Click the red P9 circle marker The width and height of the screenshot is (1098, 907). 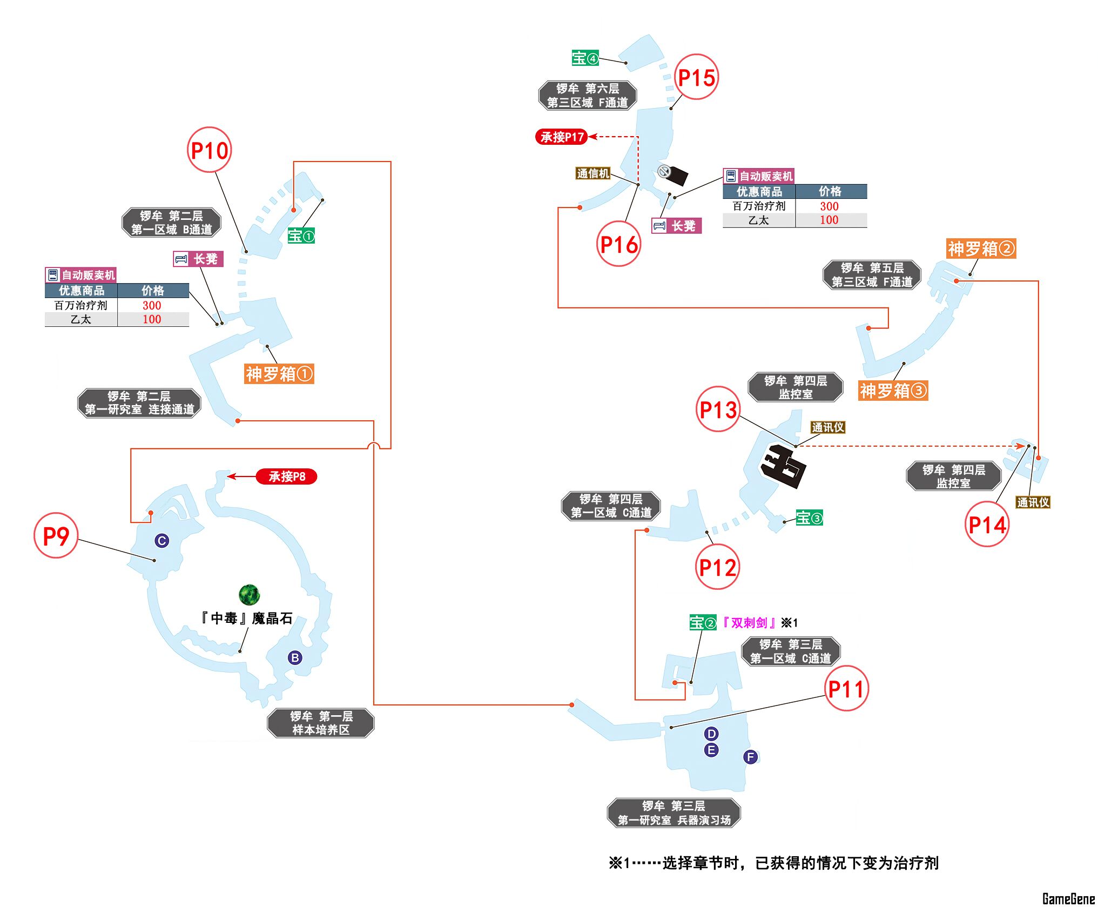(56, 535)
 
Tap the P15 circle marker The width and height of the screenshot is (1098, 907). (696, 77)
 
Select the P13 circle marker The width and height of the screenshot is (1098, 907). (718, 409)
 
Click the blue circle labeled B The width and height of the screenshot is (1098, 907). (295, 657)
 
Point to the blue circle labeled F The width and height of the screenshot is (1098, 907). (750, 757)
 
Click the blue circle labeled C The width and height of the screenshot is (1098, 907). (161, 540)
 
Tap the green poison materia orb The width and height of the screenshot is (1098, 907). (249, 595)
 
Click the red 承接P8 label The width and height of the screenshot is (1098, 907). (286, 476)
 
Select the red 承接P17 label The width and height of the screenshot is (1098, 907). (562, 137)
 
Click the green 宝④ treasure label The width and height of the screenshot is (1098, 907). (585, 58)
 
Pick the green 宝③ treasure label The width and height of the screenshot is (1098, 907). (809, 518)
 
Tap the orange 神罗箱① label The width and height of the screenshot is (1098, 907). (279, 374)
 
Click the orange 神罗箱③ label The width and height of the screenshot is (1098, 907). (893, 391)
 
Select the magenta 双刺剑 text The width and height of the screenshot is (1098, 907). (749, 623)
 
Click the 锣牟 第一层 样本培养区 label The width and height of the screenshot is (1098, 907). (321, 723)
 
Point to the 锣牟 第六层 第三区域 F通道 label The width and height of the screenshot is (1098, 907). (588, 96)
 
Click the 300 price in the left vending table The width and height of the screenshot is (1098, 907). (152, 305)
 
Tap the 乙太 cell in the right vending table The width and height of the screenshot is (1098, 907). (759, 220)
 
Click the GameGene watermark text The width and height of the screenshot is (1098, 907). (1068, 898)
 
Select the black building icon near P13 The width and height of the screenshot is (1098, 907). (783, 465)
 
